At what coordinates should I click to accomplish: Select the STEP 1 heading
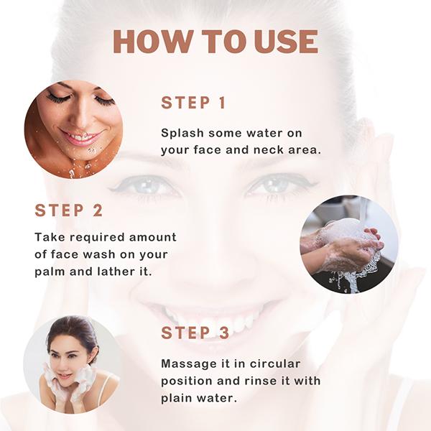pyautogui.click(x=193, y=103)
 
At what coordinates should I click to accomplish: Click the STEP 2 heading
pyautogui.click(x=69, y=210)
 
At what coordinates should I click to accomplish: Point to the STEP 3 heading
pyautogui.click(x=195, y=333)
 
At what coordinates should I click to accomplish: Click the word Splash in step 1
pyautogui.click(x=182, y=134)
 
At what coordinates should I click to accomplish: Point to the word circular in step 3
pyautogui.click(x=275, y=364)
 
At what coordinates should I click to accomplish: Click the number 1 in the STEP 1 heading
pyautogui.click(x=222, y=103)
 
